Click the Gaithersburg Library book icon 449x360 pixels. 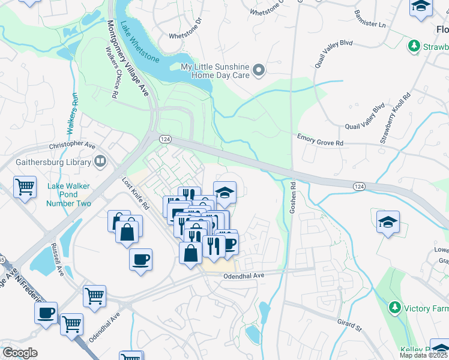100,161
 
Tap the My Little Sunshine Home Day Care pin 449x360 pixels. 259,71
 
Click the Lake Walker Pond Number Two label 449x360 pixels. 69,195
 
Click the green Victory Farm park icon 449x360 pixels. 394,308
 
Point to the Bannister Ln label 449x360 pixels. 370,19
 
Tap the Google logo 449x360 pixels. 20,353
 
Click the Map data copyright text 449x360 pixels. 424,355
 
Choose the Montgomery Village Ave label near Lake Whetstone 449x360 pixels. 127,58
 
